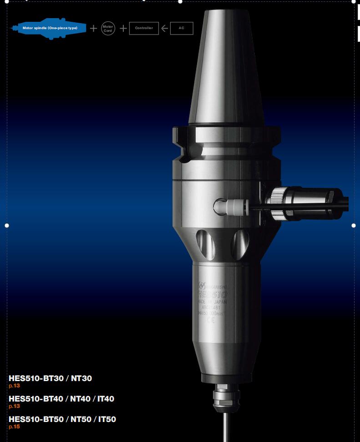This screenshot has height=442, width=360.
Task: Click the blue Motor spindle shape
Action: pyautogui.click(x=49, y=28)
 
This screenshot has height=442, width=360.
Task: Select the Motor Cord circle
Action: pyautogui.click(x=108, y=28)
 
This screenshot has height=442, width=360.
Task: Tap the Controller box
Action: pyautogui.click(x=144, y=28)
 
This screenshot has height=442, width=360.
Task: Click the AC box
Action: pyautogui.click(x=182, y=28)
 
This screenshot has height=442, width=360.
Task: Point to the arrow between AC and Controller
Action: pyautogui.click(x=164, y=28)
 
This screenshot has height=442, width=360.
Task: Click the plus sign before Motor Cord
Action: pyautogui.click(x=93, y=28)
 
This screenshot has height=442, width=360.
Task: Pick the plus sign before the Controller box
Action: pyautogui.click(x=123, y=28)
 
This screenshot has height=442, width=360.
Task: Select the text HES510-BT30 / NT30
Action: pyautogui.click(x=50, y=378)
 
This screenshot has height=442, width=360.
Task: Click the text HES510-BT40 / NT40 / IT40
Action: pyautogui.click(x=61, y=399)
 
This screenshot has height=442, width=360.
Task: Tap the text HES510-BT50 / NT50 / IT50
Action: pyautogui.click(x=62, y=419)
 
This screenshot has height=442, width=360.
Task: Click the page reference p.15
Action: pyautogui.click(x=14, y=427)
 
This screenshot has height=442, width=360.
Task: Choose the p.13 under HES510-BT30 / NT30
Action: pyautogui.click(x=14, y=386)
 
